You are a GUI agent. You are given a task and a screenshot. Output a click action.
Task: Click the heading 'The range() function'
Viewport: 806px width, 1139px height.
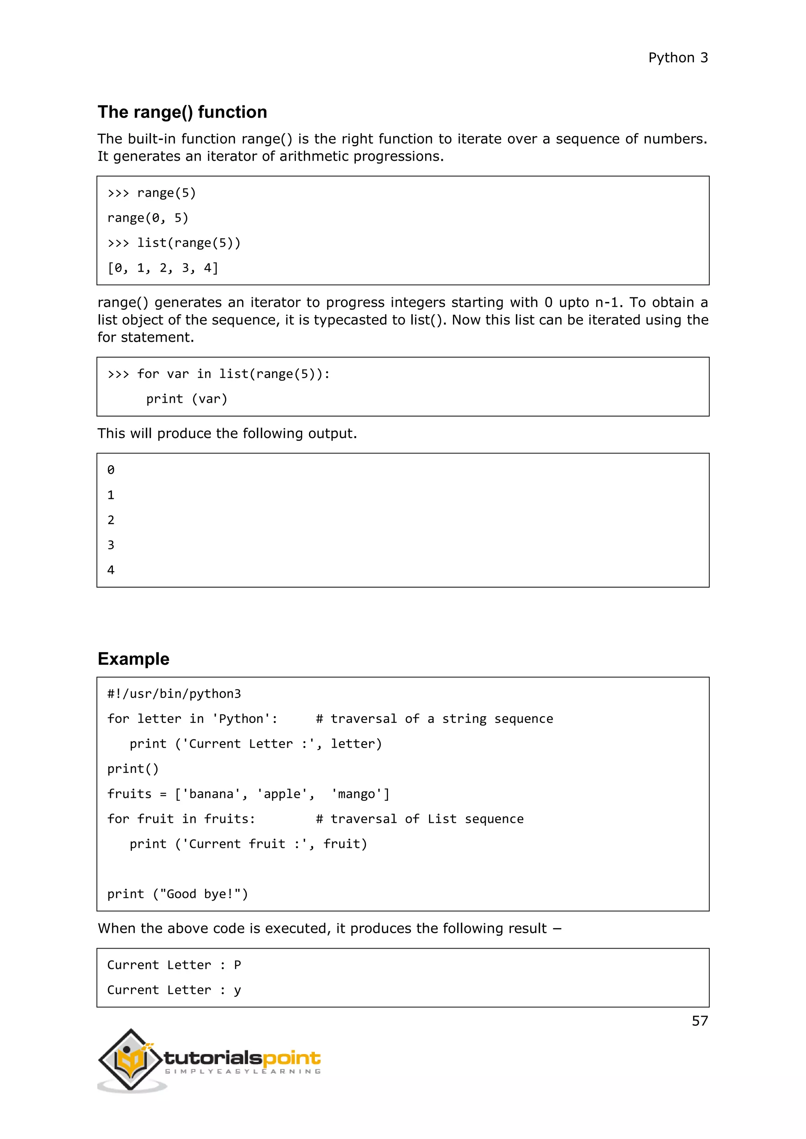pyautogui.click(x=182, y=112)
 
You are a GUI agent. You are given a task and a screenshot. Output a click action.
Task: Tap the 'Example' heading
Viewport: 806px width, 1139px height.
pyautogui.click(x=133, y=659)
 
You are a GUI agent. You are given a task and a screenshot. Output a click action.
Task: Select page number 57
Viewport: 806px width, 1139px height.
pyautogui.click(x=699, y=1021)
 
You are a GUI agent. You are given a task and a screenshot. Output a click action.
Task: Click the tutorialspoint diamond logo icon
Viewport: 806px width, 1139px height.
pyautogui.click(x=131, y=1060)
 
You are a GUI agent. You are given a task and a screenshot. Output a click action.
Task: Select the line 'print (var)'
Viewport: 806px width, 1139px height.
pyautogui.click(x=187, y=399)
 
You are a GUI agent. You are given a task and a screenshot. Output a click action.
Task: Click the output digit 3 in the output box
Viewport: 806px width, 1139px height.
pyautogui.click(x=111, y=545)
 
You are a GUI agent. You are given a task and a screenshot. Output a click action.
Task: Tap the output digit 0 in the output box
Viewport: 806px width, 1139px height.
pyautogui.click(x=111, y=470)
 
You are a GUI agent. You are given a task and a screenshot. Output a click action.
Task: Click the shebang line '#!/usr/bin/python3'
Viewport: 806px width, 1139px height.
pyautogui.click(x=174, y=693)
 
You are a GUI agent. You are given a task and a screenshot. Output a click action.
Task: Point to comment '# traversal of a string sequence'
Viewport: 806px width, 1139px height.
pyautogui.click(x=434, y=719)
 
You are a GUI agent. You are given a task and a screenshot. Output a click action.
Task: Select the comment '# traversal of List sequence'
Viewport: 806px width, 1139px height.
pyautogui.click(x=420, y=819)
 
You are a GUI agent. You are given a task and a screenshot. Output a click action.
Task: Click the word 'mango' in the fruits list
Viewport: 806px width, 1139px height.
pyautogui.click(x=356, y=794)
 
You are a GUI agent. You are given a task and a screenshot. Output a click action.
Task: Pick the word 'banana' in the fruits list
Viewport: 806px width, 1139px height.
pyautogui.click(x=211, y=794)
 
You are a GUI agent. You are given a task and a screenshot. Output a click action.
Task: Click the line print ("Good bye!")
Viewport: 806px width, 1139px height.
pyautogui.click(x=177, y=894)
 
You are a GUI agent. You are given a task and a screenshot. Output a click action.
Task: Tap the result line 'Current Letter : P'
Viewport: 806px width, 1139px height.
pyautogui.click(x=174, y=965)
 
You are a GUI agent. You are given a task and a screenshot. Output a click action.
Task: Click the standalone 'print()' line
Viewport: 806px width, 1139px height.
pyautogui.click(x=133, y=769)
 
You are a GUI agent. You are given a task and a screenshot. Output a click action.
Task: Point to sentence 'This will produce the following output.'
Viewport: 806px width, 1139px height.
pyautogui.click(x=227, y=433)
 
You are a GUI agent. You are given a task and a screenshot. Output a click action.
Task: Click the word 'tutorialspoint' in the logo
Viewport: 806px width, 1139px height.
pyautogui.click(x=242, y=1059)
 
